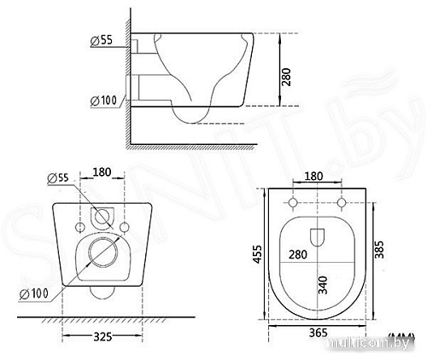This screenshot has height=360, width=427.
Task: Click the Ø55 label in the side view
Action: click(102, 40)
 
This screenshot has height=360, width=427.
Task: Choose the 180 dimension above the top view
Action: click(314, 176)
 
